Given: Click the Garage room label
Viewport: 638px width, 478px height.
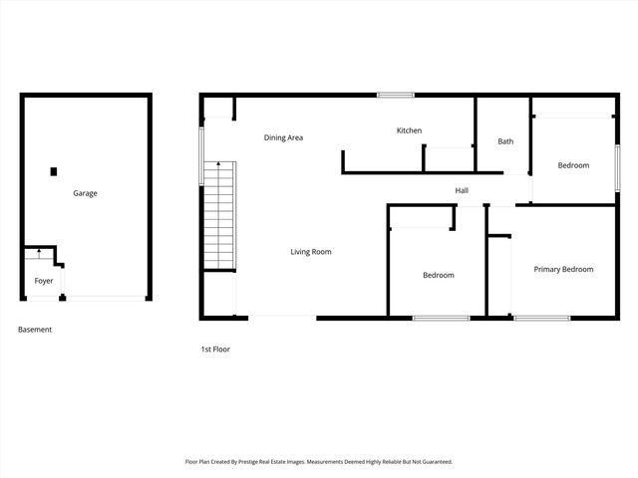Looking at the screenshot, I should tap(85, 193).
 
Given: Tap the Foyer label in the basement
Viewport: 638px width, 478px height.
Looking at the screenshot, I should tap(44, 281).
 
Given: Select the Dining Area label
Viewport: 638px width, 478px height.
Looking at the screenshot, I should tap(283, 137).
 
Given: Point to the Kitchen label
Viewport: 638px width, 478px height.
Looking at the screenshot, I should tap(409, 130).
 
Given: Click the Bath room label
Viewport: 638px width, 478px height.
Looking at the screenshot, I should tap(505, 141).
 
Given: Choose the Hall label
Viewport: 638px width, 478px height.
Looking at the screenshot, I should tap(462, 190).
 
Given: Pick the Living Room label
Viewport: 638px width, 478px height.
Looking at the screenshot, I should tap(311, 252).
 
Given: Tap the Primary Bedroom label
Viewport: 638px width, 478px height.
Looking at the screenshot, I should tap(563, 269).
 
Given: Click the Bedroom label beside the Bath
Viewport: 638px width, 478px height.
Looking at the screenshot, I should tap(573, 165).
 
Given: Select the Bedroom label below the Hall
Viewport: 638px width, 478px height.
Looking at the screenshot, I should tap(438, 275).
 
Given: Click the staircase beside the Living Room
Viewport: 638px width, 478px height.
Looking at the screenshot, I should tap(219, 216).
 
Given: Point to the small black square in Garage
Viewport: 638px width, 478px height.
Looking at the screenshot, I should tap(54, 170).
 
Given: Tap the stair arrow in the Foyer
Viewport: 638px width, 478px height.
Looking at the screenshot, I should tap(39, 256).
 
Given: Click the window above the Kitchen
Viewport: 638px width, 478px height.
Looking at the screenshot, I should tap(395, 95).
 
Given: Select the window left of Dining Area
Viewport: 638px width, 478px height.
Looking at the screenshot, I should tap(202, 155).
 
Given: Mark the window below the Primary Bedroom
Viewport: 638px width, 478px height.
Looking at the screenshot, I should tap(542, 318).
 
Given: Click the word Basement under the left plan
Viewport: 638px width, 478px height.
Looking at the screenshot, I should tap(35, 330).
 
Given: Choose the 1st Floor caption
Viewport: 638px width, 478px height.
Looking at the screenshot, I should tap(215, 350).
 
